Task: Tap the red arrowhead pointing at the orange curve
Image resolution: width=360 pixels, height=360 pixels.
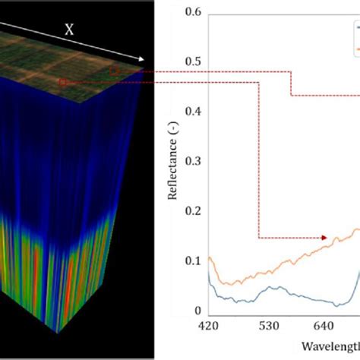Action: coord(326,238)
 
